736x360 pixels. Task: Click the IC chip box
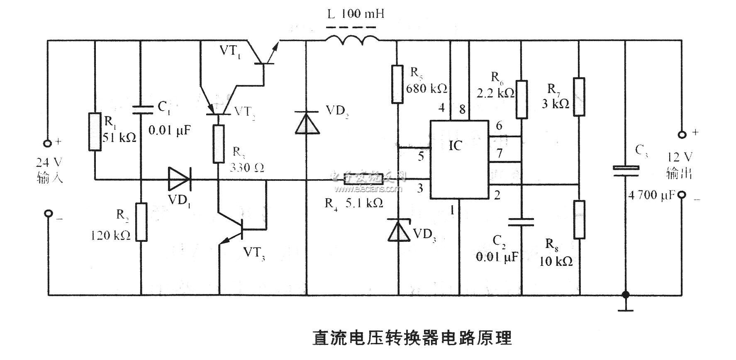[459, 159]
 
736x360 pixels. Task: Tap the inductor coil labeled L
[352, 40]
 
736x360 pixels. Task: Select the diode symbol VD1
[179, 180]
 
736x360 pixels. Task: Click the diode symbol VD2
[307, 123]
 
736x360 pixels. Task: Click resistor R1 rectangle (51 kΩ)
[95, 131]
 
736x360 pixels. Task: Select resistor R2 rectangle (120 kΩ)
[141, 222]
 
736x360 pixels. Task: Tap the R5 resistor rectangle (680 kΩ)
[397, 84]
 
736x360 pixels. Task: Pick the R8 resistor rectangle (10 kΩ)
[579, 219]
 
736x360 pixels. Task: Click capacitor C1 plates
[141, 109]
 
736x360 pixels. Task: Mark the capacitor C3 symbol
[626, 171]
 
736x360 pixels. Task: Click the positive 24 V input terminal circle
[48, 144]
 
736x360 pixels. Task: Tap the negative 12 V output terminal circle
[681, 195]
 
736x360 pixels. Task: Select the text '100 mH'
[363, 14]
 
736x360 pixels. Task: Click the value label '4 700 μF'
[651, 195]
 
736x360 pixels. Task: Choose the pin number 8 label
[462, 109]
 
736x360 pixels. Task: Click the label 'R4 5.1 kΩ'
[353, 203]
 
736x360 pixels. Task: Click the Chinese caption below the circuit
[412, 338]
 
